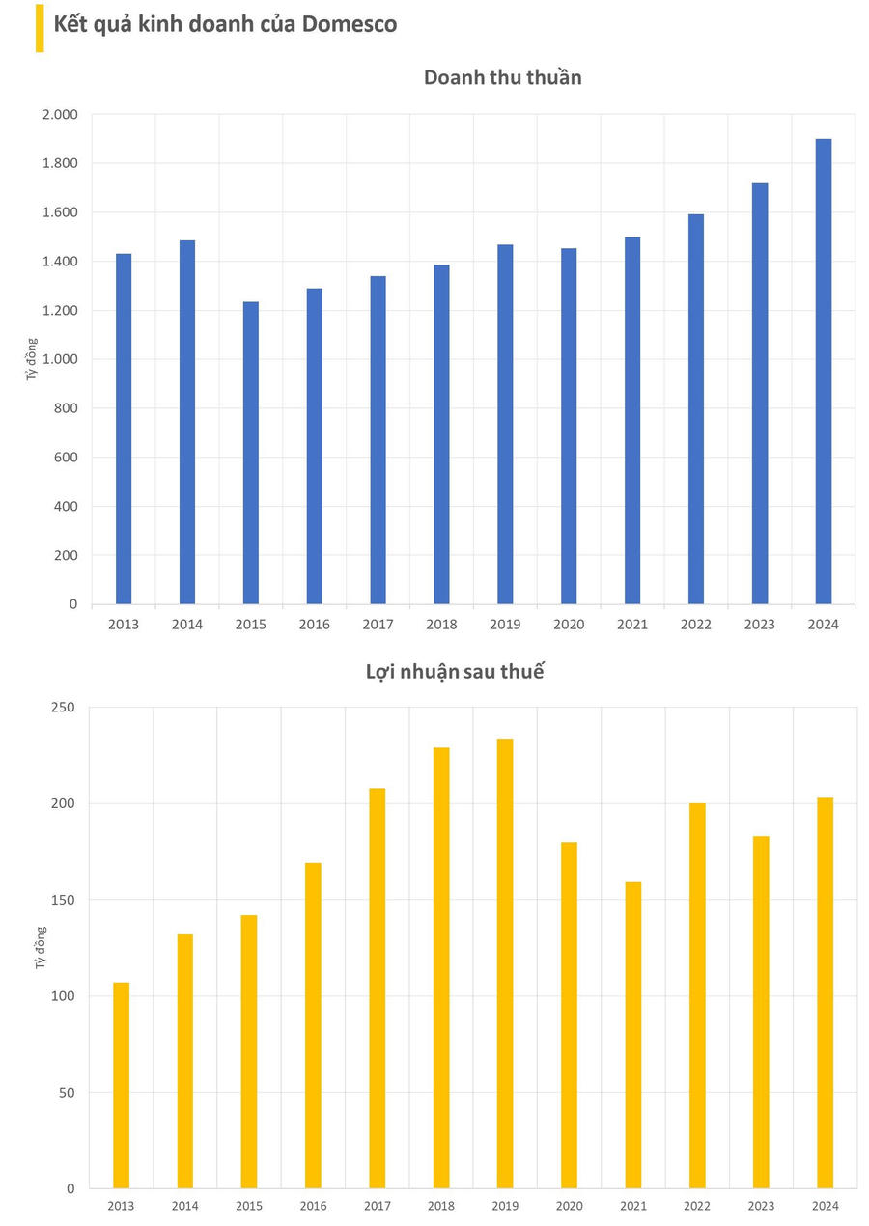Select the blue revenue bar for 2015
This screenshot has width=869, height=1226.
250,453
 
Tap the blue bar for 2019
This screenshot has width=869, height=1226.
505,425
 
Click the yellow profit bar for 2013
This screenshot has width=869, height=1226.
121,1085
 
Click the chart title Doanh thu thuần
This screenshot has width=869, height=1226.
502,77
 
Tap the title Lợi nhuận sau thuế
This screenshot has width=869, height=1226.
455,672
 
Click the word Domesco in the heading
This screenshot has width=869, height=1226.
350,24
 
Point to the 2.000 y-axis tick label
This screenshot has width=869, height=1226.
59,115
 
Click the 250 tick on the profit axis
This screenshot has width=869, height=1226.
63,708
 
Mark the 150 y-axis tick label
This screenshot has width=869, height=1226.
63,900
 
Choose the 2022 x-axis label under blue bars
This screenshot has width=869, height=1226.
695,625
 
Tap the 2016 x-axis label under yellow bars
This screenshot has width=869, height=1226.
312,1206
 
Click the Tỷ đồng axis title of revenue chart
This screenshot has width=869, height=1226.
32,359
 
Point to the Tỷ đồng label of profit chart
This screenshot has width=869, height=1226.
41,947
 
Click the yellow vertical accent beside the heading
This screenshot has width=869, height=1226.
40,27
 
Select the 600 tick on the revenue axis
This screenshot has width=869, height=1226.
66,458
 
